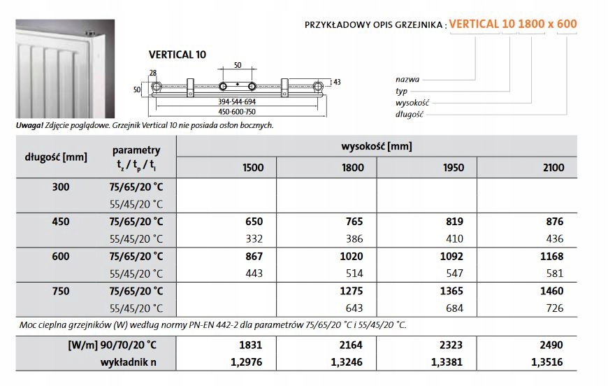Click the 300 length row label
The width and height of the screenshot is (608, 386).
pos(60,187)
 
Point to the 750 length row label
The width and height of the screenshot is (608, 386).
pos(60,291)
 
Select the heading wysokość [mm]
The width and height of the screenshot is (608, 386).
pos(376,146)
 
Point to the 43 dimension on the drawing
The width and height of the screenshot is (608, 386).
pos(337,83)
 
